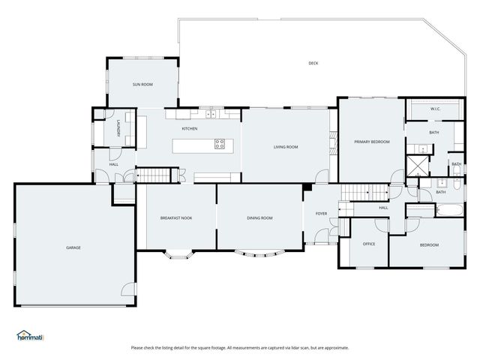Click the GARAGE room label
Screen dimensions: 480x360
point(73,247)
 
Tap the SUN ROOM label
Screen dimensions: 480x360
point(142,85)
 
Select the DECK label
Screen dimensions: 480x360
point(313,63)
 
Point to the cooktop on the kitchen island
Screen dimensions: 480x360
point(220,144)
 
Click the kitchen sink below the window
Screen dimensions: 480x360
point(211,114)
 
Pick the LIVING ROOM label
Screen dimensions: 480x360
point(286,147)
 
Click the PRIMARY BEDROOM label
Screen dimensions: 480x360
point(372,142)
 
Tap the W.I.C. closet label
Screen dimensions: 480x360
point(435,109)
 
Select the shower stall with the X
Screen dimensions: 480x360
point(418,166)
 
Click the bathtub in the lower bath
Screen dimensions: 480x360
point(450,210)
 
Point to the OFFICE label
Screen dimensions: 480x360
point(369,244)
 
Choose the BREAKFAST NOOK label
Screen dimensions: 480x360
point(176,218)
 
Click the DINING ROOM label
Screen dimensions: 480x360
point(259,218)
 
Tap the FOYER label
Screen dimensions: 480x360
point(322,214)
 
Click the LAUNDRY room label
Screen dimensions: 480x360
point(118,128)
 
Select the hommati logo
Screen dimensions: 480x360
point(30,336)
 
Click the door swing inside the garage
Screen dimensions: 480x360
point(128,289)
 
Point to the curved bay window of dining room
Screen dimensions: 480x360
point(259,253)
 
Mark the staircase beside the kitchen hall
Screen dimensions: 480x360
point(153,175)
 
